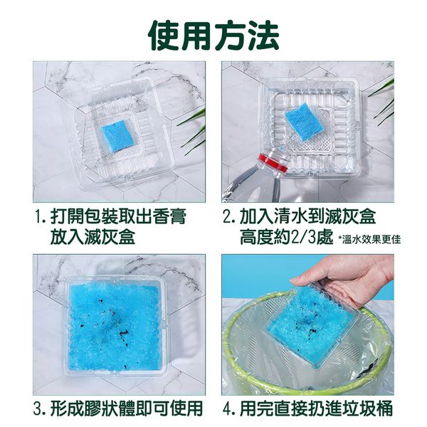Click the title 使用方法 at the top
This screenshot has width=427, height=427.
click(x=213, y=36)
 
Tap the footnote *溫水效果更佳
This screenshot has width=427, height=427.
click(x=369, y=239)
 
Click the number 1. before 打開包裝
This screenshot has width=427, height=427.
click(x=41, y=218)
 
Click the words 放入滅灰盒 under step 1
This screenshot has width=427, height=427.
click(x=93, y=237)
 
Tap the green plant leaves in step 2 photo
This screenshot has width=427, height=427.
click(x=383, y=101)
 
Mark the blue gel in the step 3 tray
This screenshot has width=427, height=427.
click(x=114, y=326)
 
